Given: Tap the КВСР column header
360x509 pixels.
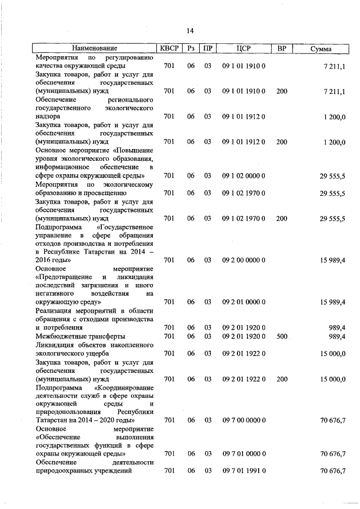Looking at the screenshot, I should click(169, 49).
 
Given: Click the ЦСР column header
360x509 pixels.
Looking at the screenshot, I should click(244, 49).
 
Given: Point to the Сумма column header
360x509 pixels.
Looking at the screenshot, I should click(321, 49).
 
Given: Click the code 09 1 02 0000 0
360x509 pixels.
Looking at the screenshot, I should click(244, 176).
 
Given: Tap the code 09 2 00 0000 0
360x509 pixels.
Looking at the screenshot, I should click(244, 260).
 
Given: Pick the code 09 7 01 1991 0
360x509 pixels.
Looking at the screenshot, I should click(244, 471).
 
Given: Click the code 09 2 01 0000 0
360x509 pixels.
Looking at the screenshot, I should click(244, 302).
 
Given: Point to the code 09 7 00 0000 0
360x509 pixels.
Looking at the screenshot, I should click(244, 420).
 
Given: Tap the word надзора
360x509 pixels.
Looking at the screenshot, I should click(49, 116).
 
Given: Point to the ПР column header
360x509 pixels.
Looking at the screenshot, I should click(208, 49).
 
